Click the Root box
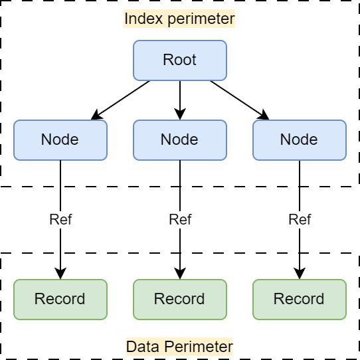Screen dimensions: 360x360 point(179,60)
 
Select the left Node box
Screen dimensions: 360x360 point(60,140)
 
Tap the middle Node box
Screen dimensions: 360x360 point(179,140)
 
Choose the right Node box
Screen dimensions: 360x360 point(299,140)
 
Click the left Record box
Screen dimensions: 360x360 point(60,300)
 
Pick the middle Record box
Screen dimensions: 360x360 point(179,300)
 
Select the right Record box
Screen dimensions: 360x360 point(299,300)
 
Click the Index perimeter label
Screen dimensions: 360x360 point(179,19)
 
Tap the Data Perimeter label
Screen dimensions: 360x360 point(179,347)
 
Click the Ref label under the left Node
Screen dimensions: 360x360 point(60,220)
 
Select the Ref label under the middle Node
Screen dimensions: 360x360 point(179,220)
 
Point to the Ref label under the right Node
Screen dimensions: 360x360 point(299,220)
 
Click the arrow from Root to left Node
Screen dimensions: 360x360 point(121,100)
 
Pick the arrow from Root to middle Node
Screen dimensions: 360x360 point(179,100)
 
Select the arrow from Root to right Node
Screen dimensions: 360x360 point(239,100)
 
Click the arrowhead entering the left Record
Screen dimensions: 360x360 point(60,274)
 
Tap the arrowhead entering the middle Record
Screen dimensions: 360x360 point(179,274)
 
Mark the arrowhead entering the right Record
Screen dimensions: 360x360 point(299,274)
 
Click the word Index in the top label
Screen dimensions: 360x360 point(137,19)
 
